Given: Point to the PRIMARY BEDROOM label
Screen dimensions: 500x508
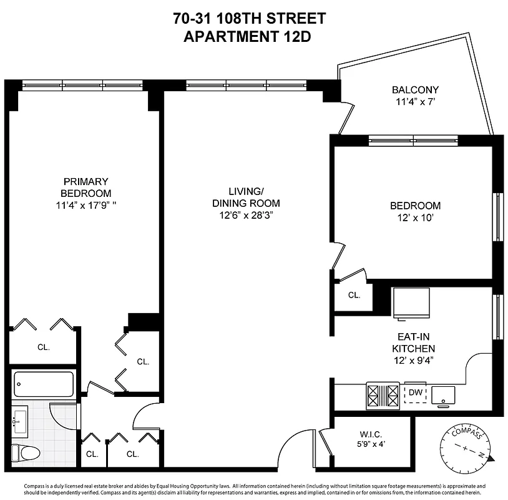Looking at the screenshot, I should (x=85, y=187).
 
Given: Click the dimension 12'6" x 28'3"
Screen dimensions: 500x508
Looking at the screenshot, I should (x=246, y=215).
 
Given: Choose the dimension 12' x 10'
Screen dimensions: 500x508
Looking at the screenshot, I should (x=415, y=217).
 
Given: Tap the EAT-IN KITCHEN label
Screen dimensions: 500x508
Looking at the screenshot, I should (x=413, y=342).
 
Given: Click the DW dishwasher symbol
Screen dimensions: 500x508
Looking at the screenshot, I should (x=415, y=392).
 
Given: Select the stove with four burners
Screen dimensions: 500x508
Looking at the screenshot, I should (x=383, y=394).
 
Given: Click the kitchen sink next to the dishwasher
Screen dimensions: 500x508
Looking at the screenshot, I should (x=444, y=394).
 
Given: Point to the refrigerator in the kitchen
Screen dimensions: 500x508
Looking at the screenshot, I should (x=411, y=303).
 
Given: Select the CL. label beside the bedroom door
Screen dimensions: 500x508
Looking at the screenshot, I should (x=354, y=295).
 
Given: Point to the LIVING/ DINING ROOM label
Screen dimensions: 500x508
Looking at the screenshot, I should (x=246, y=197).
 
